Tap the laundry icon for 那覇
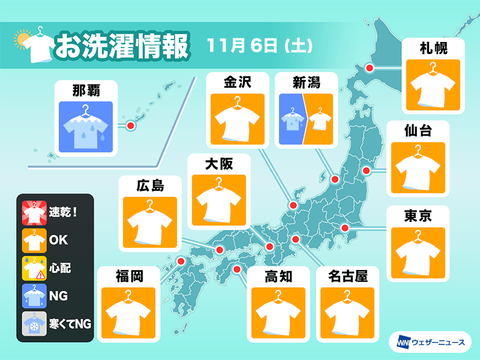(x=84, y=125)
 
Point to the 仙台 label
(x=418, y=130)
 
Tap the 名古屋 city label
(x=347, y=276)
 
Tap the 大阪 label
(x=218, y=163)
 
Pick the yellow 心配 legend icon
(x=34, y=268)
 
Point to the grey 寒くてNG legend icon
(x=34, y=324)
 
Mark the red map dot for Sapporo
(x=370, y=69)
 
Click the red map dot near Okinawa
(x=130, y=125)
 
